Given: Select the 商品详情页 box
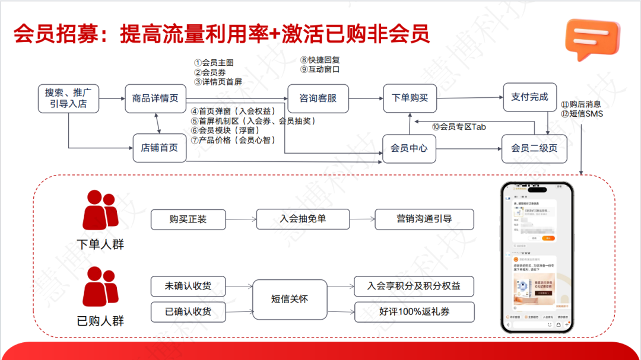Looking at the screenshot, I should (x=156, y=98).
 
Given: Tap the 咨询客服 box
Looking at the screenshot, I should (x=318, y=98).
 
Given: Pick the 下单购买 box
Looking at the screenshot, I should (x=410, y=98).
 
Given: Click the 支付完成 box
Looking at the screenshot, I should (x=529, y=97).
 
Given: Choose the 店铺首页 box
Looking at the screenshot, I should (x=159, y=148).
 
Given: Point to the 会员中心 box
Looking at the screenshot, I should (x=410, y=148).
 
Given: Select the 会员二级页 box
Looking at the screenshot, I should (x=534, y=148).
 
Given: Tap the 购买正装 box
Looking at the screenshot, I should (x=188, y=219).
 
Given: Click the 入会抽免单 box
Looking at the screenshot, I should (x=303, y=219).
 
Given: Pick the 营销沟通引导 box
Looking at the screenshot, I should (x=424, y=219).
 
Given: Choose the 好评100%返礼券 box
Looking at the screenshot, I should (x=414, y=312).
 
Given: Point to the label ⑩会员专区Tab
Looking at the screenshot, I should (x=459, y=126).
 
